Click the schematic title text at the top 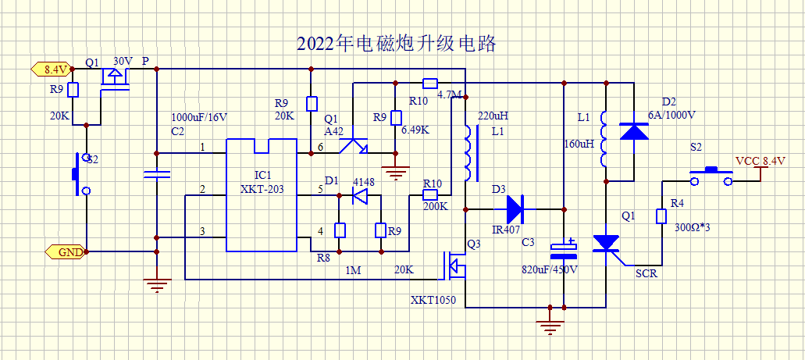click(x=397, y=44)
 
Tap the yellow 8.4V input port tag click(x=51, y=68)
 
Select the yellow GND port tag click(x=65, y=252)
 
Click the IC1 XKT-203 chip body click(x=262, y=195)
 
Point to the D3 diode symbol click(x=514, y=209)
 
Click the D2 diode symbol click(x=634, y=130)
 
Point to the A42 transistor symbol click(x=353, y=146)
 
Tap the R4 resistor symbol click(x=662, y=216)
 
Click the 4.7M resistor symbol click(x=429, y=83)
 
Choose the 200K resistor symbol click(x=429, y=195)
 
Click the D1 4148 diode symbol click(x=360, y=195)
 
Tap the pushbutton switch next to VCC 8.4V click(x=711, y=176)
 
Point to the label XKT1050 click(x=433, y=300)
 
